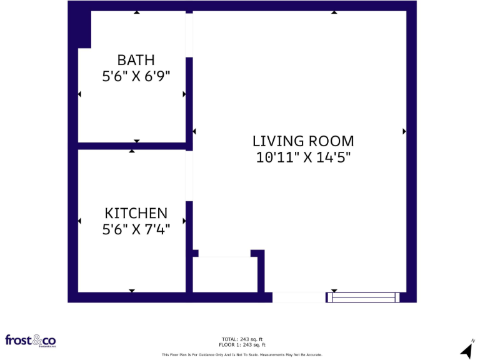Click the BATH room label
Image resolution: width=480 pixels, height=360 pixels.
click(136, 60)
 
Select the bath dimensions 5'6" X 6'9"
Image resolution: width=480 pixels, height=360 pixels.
click(136, 76)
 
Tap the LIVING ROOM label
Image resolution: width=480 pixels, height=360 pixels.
click(303, 141)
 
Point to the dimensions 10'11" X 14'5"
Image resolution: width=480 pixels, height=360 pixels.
click(303, 157)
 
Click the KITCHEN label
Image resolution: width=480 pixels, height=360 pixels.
click(136, 213)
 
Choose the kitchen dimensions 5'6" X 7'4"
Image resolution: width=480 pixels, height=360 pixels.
click(136, 229)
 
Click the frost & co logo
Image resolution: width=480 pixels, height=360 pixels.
click(31, 341)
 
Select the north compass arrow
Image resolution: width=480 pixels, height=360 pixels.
click(467, 349)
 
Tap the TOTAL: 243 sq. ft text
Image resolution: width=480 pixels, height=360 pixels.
click(242, 339)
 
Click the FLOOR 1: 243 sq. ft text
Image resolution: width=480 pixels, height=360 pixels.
click(242, 345)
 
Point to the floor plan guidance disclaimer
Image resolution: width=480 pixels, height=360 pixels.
click(242, 354)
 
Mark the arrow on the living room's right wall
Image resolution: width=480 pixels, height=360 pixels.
click(404, 131)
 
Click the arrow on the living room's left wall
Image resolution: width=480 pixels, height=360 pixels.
click(194, 131)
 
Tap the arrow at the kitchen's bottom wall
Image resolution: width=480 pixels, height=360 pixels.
click(132, 291)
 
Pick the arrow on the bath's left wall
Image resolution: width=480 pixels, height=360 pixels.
click(79, 94)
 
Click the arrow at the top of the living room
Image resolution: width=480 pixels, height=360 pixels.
click(334, 12)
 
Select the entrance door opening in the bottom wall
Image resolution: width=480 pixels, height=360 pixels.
click(299, 297)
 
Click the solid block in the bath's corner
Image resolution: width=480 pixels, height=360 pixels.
click(84, 29)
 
